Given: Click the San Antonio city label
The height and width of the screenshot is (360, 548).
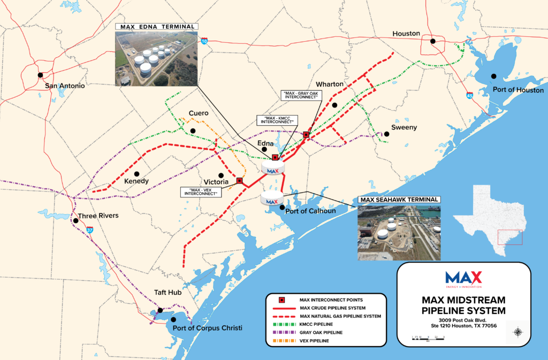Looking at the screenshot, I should pos(64,86).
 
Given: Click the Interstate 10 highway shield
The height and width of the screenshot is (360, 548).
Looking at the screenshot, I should pos(204,41).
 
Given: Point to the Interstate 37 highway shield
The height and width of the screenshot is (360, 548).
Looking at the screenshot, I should pos(89,230).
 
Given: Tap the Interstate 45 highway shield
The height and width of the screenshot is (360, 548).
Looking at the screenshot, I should pos(469,96).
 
